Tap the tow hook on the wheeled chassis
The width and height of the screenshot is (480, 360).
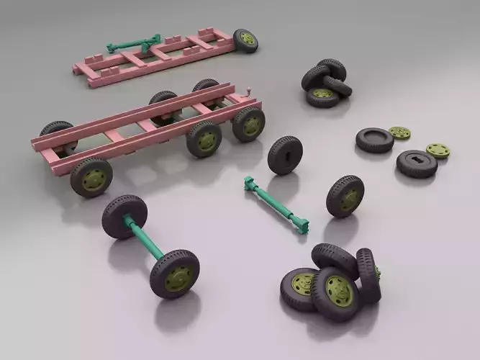pyautogui.click(x=250, y=92)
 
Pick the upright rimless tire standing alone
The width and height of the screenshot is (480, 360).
pyautogui.click(x=284, y=154)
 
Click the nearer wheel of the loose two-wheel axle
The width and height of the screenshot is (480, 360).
pyautogui.click(x=175, y=274)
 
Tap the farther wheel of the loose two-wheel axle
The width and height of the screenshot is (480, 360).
pyautogui.click(x=124, y=216)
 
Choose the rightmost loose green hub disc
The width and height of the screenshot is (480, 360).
pyautogui.click(x=438, y=150)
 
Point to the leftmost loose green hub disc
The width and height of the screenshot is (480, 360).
pyautogui.click(x=399, y=133)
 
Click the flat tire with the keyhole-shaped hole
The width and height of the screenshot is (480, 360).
pyautogui.click(x=417, y=163)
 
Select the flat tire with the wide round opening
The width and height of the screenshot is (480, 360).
pyautogui.click(x=374, y=139)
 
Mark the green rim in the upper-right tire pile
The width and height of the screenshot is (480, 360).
pyautogui.click(x=323, y=94)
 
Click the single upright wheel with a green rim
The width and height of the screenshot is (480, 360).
pyautogui.click(x=345, y=196)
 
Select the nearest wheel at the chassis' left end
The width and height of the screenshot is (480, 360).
pyautogui.click(x=91, y=177)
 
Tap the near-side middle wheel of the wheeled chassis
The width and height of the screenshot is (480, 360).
pyautogui.click(x=204, y=138)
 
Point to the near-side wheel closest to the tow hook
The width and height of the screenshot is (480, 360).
pyautogui.click(x=248, y=123)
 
